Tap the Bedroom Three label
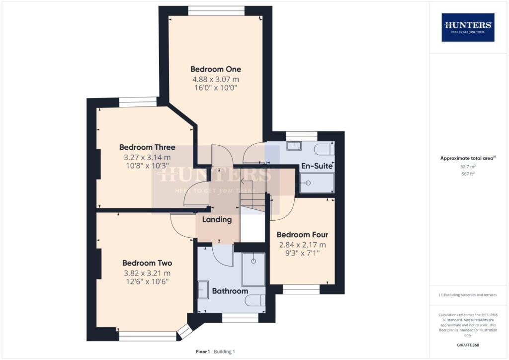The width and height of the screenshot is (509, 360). pyautogui.click(x=147, y=147)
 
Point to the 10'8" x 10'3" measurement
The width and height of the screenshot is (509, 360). pyautogui.click(x=147, y=166)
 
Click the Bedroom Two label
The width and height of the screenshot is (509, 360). pyautogui.click(x=147, y=263)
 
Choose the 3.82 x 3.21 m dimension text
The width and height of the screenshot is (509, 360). pyautogui.click(x=147, y=273)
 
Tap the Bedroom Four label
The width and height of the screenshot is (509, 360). pyautogui.click(x=302, y=235)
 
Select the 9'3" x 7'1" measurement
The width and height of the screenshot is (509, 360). pyautogui.click(x=302, y=253)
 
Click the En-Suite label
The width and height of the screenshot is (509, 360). pyautogui.click(x=317, y=166)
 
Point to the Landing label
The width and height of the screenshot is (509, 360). pyautogui.click(x=217, y=219)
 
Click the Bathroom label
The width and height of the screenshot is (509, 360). pyautogui.click(x=230, y=291)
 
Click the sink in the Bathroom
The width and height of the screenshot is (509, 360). pyautogui.click(x=204, y=289)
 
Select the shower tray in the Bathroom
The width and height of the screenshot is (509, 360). pyautogui.click(x=254, y=269)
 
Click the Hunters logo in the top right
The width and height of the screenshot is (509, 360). pyautogui.click(x=468, y=27)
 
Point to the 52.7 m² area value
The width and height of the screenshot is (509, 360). pyautogui.click(x=467, y=168)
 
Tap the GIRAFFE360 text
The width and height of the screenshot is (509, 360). pyautogui.click(x=467, y=345)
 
